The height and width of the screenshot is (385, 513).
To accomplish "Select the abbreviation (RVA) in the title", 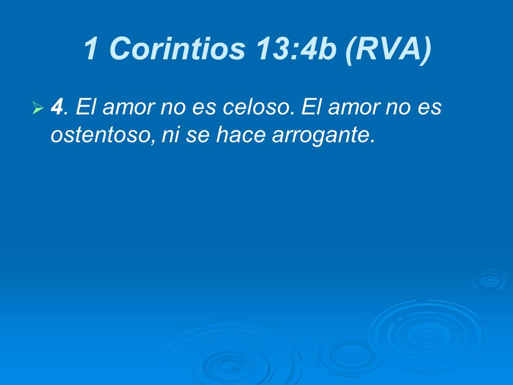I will [388, 49].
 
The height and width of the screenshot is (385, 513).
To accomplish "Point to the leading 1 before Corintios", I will [91, 49].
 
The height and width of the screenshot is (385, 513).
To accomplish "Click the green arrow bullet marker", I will [37, 109].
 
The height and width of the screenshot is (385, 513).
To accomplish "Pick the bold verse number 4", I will [57, 107].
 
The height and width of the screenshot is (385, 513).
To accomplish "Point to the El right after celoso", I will [310, 107].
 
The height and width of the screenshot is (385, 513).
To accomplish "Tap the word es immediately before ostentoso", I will [431, 107].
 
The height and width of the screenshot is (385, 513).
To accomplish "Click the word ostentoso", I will [98, 135].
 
